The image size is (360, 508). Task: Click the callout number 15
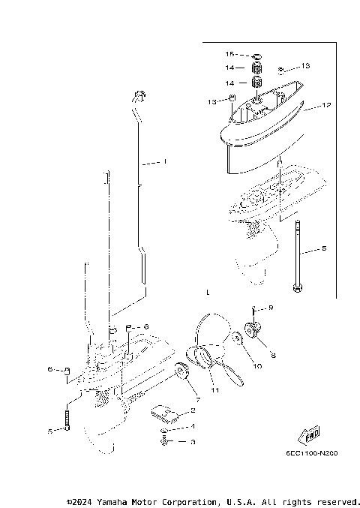click(x=230, y=55)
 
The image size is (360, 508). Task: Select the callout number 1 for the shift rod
click(x=166, y=161)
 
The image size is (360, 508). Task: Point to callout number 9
click(x=271, y=308)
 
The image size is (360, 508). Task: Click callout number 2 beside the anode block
click(x=193, y=410)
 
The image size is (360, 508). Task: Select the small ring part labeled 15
click(x=256, y=56)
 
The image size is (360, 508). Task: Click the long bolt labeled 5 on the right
click(x=299, y=255)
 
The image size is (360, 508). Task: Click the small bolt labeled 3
click(x=164, y=443)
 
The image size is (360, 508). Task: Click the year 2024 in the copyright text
click(x=86, y=501)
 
